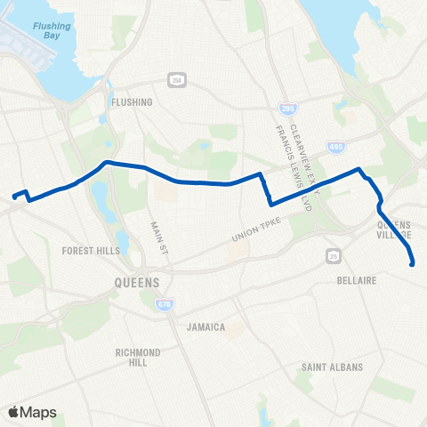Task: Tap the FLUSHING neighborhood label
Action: pyautogui.click(x=133, y=102)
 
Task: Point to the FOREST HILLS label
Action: pyautogui.click(x=91, y=251)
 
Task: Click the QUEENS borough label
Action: pyautogui.click(x=137, y=283)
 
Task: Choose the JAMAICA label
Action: pyautogui.click(x=206, y=327)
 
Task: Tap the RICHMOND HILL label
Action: pyautogui.click(x=138, y=358)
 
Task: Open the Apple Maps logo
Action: pyautogui.click(x=32, y=412)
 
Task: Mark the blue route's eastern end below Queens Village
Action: pyautogui.click(x=413, y=262)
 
